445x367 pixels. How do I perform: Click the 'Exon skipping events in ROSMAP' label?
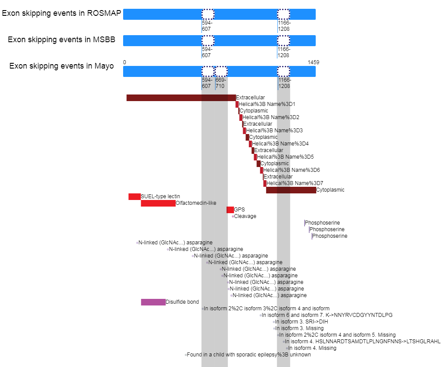tap(62, 13)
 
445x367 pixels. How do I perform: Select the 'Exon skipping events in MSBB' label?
tap(62, 40)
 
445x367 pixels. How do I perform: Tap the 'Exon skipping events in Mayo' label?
tap(62, 66)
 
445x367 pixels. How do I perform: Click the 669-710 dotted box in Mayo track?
tap(221, 72)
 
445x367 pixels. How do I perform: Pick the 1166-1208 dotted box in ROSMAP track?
tap(284, 14)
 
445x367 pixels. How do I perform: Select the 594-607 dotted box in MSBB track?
tap(208, 40)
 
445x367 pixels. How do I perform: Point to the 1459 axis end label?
tap(314, 62)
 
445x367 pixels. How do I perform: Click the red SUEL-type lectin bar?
tap(135, 196)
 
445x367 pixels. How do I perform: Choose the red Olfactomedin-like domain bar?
tap(158, 203)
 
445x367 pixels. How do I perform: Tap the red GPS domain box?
tap(230, 210)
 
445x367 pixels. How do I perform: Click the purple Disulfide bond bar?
tap(153, 302)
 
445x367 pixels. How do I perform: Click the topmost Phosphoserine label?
tap(322, 223)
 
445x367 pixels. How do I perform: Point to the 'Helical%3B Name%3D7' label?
tap(295, 183)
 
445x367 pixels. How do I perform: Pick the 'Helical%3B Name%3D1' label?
tap(267, 104)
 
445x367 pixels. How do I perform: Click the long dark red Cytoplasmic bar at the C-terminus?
tap(291, 190)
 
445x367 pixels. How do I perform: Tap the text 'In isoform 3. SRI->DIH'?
tap(301, 322)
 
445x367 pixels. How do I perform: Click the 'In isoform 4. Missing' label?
tap(312, 348)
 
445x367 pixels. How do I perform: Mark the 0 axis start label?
tap(124, 62)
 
